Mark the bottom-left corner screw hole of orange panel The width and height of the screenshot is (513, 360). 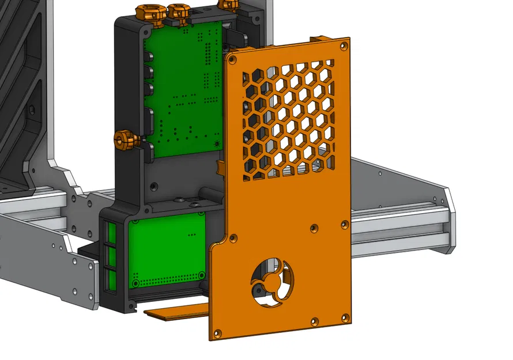(x=217, y=332)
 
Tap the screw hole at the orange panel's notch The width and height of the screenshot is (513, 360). (x=234, y=235)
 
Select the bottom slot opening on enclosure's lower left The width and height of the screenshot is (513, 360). (x=111, y=280)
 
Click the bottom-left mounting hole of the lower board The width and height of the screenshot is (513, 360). (x=135, y=283)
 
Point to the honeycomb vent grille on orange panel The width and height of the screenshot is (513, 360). (x=287, y=118)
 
